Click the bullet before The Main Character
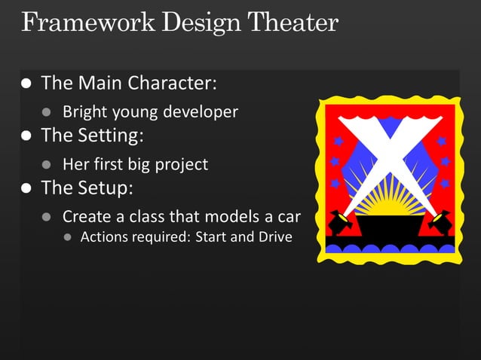[27, 83]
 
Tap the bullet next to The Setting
[27, 136]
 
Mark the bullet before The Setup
[27, 188]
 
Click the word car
[288, 217]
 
